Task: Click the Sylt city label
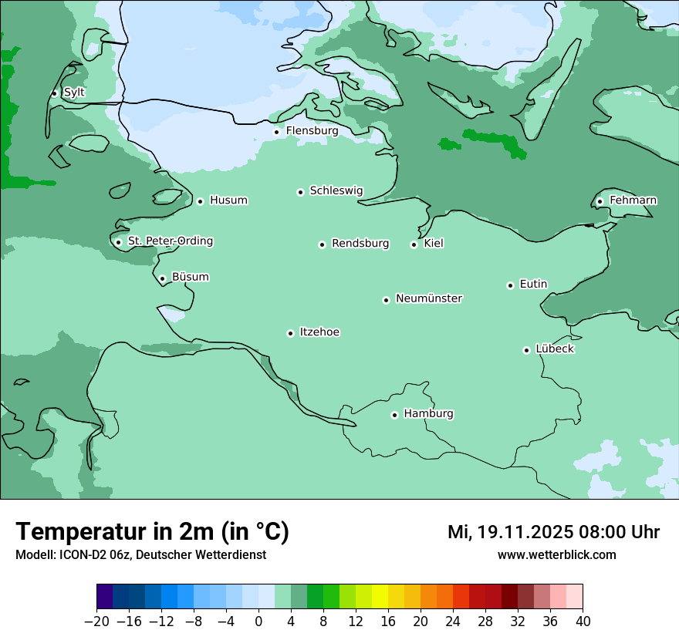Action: coord(74,93)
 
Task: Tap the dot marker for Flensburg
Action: coord(276,132)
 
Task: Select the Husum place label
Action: coord(228,200)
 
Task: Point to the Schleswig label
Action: coord(336,190)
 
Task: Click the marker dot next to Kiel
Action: coord(414,244)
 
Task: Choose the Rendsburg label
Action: coord(360,244)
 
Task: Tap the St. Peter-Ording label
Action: coord(170,241)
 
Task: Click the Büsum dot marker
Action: coord(162,278)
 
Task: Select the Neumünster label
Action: coord(429,298)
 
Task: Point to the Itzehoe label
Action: coord(319,332)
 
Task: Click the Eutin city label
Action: coord(533,285)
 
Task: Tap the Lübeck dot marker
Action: coord(526,350)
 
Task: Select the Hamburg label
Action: coord(428,413)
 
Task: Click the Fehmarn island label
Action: coord(633,200)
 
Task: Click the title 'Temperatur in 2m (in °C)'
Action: coord(152,531)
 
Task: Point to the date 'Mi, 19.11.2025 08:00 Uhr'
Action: coord(553,532)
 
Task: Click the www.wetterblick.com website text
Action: coord(556,554)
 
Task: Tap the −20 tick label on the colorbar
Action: coord(96,621)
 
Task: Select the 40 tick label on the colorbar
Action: coord(583,621)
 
